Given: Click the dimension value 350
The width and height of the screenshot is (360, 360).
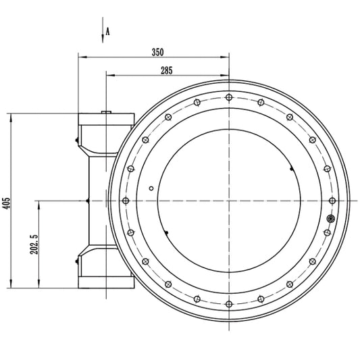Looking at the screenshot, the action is pos(158,52).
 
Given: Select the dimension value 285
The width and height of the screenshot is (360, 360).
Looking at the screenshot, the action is pos(166,70).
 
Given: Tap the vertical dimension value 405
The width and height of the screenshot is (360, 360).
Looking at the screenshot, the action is pos(7,203).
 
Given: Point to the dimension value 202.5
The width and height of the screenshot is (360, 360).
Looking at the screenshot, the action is pos(34,245).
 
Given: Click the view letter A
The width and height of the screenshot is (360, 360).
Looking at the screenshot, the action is pos(107,31).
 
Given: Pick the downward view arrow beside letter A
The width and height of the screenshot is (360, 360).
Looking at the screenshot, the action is pos(103,30).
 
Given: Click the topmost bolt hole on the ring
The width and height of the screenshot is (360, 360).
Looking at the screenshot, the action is pos(229,97).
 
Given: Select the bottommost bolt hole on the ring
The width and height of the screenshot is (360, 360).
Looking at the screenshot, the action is pos(229,304).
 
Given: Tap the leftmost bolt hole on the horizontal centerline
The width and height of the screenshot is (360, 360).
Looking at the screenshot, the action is pos(126,201).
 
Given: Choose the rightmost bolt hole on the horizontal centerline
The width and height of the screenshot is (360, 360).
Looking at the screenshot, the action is pos(332,201).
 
